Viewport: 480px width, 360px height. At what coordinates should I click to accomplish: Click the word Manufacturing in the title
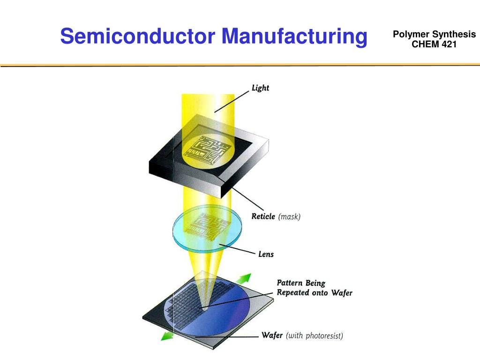294,36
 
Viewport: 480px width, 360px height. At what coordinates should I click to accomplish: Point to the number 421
447,45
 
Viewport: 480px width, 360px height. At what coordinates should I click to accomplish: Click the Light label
260,88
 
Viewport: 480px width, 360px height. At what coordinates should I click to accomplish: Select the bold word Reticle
263,217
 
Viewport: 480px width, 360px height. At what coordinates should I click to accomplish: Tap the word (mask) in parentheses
289,217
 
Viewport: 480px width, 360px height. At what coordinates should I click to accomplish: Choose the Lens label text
266,255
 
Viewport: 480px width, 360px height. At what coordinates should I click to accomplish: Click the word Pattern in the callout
290,283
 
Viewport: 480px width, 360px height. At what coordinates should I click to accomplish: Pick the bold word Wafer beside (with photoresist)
272,335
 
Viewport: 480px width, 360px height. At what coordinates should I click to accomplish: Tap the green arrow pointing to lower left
165,336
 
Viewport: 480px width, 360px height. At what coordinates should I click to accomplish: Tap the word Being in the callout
315,283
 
